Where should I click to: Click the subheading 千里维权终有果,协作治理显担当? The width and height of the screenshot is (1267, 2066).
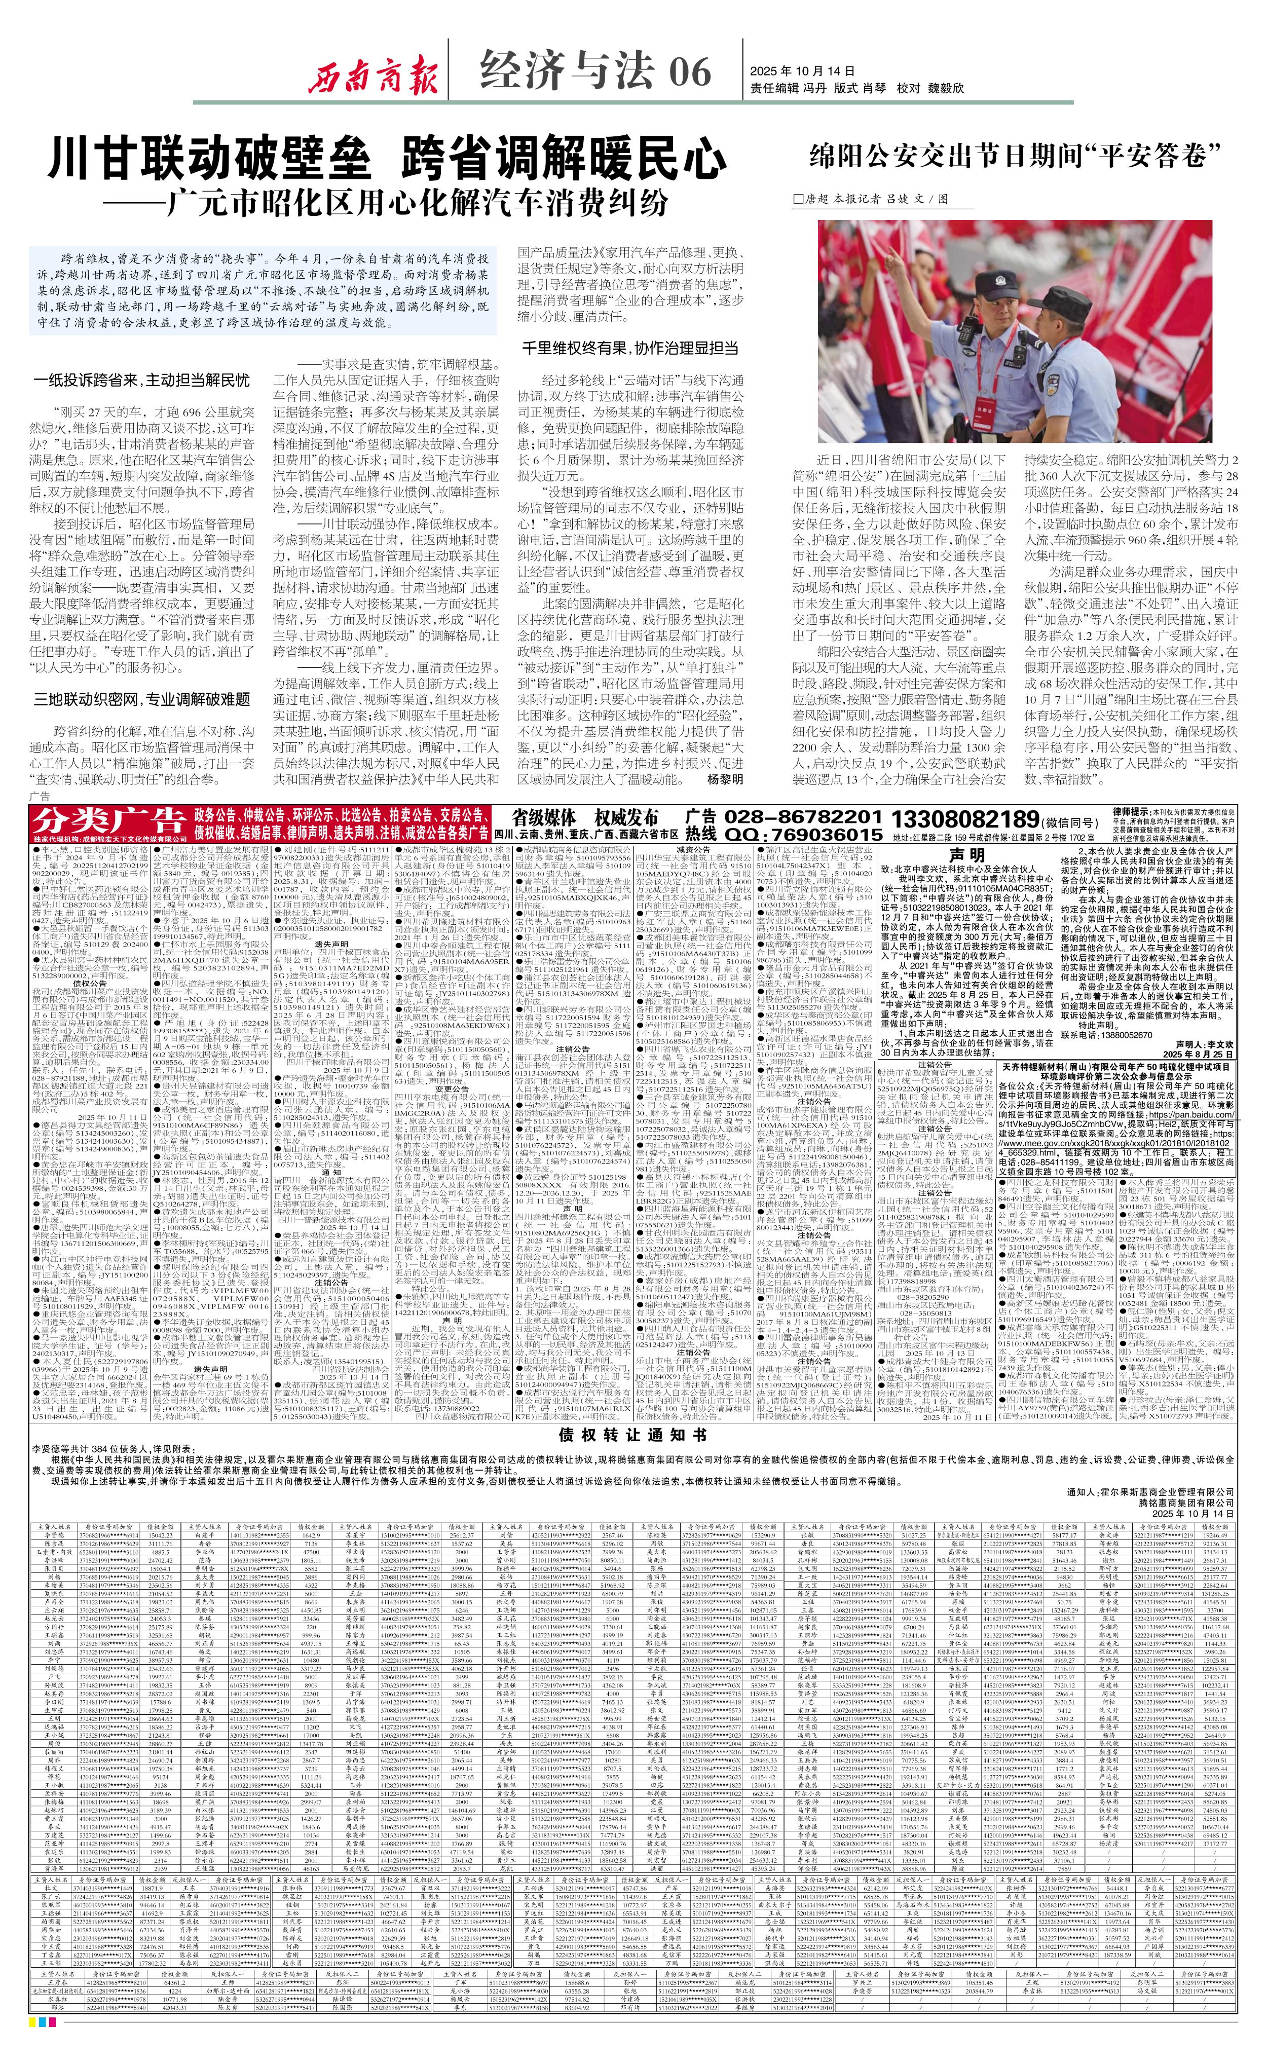[630, 347]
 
